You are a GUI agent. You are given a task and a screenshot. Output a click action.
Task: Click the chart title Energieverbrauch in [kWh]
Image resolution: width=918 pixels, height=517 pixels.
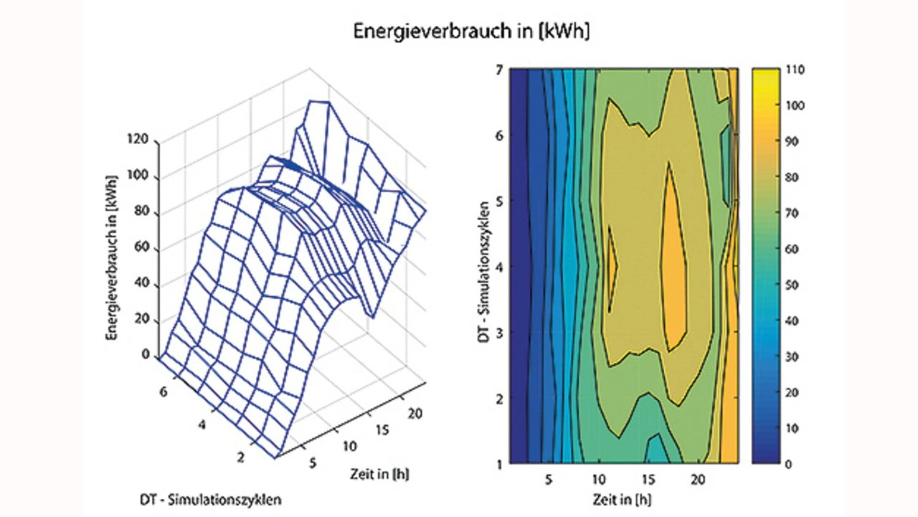tap(471, 32)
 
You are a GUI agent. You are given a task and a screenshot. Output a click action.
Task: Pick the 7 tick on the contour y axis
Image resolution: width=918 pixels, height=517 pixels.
tap(499, 70)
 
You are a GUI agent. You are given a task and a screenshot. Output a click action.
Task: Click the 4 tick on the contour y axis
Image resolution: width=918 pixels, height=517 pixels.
tap(499, 267)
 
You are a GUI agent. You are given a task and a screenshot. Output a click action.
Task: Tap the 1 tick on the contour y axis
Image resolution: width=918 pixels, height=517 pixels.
tap(499, 463)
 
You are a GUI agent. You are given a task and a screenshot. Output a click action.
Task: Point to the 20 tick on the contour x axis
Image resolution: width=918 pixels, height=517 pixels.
tap(701, 477)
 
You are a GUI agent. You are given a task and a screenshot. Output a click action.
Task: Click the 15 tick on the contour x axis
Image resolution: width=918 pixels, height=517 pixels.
tap(649, 477)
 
